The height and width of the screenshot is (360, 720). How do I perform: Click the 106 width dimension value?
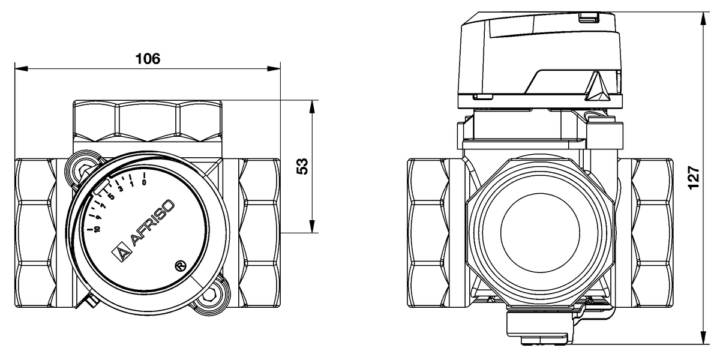click(x=148, y=58)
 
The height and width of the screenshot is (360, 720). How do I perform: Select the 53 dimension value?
click(x=302, y=166)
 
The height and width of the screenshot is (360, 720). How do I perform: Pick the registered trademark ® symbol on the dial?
click(x=178, y=265)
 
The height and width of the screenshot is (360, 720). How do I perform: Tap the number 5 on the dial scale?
click(x=111, y=196)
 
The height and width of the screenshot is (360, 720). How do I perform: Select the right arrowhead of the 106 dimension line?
click(x=277, y=69)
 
